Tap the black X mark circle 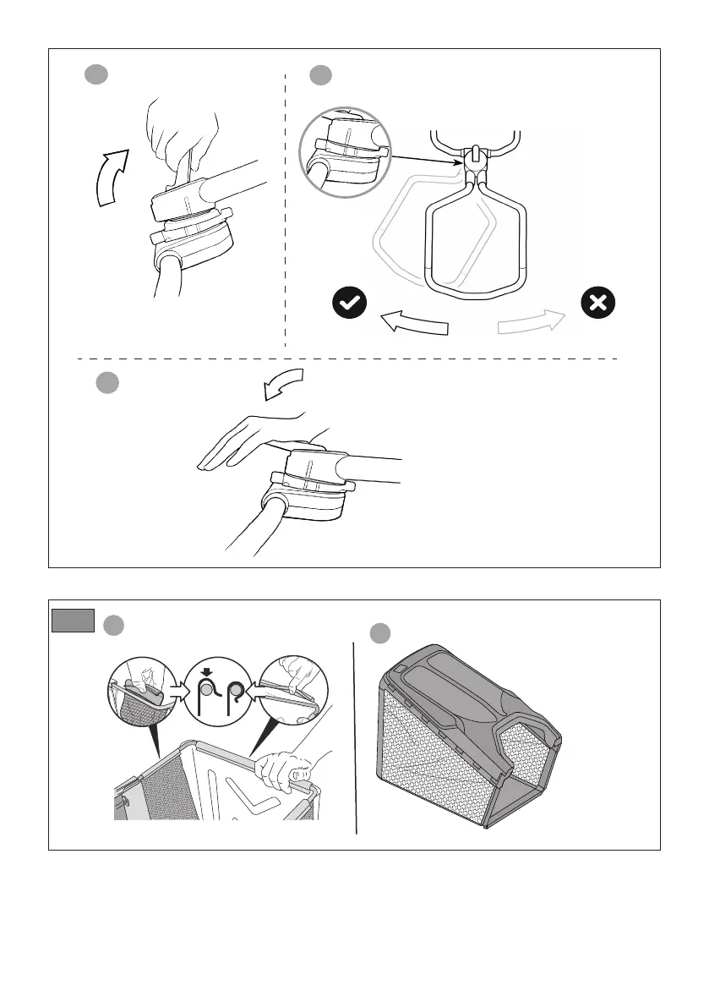pyautogui.click(x=598, y=303)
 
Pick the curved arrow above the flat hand pyautogui.click(x=282, y=385)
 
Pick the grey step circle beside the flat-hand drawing pyautogui.click(x=106, y=382)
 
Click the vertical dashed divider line pyautogui.click(x=286, y=211)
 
